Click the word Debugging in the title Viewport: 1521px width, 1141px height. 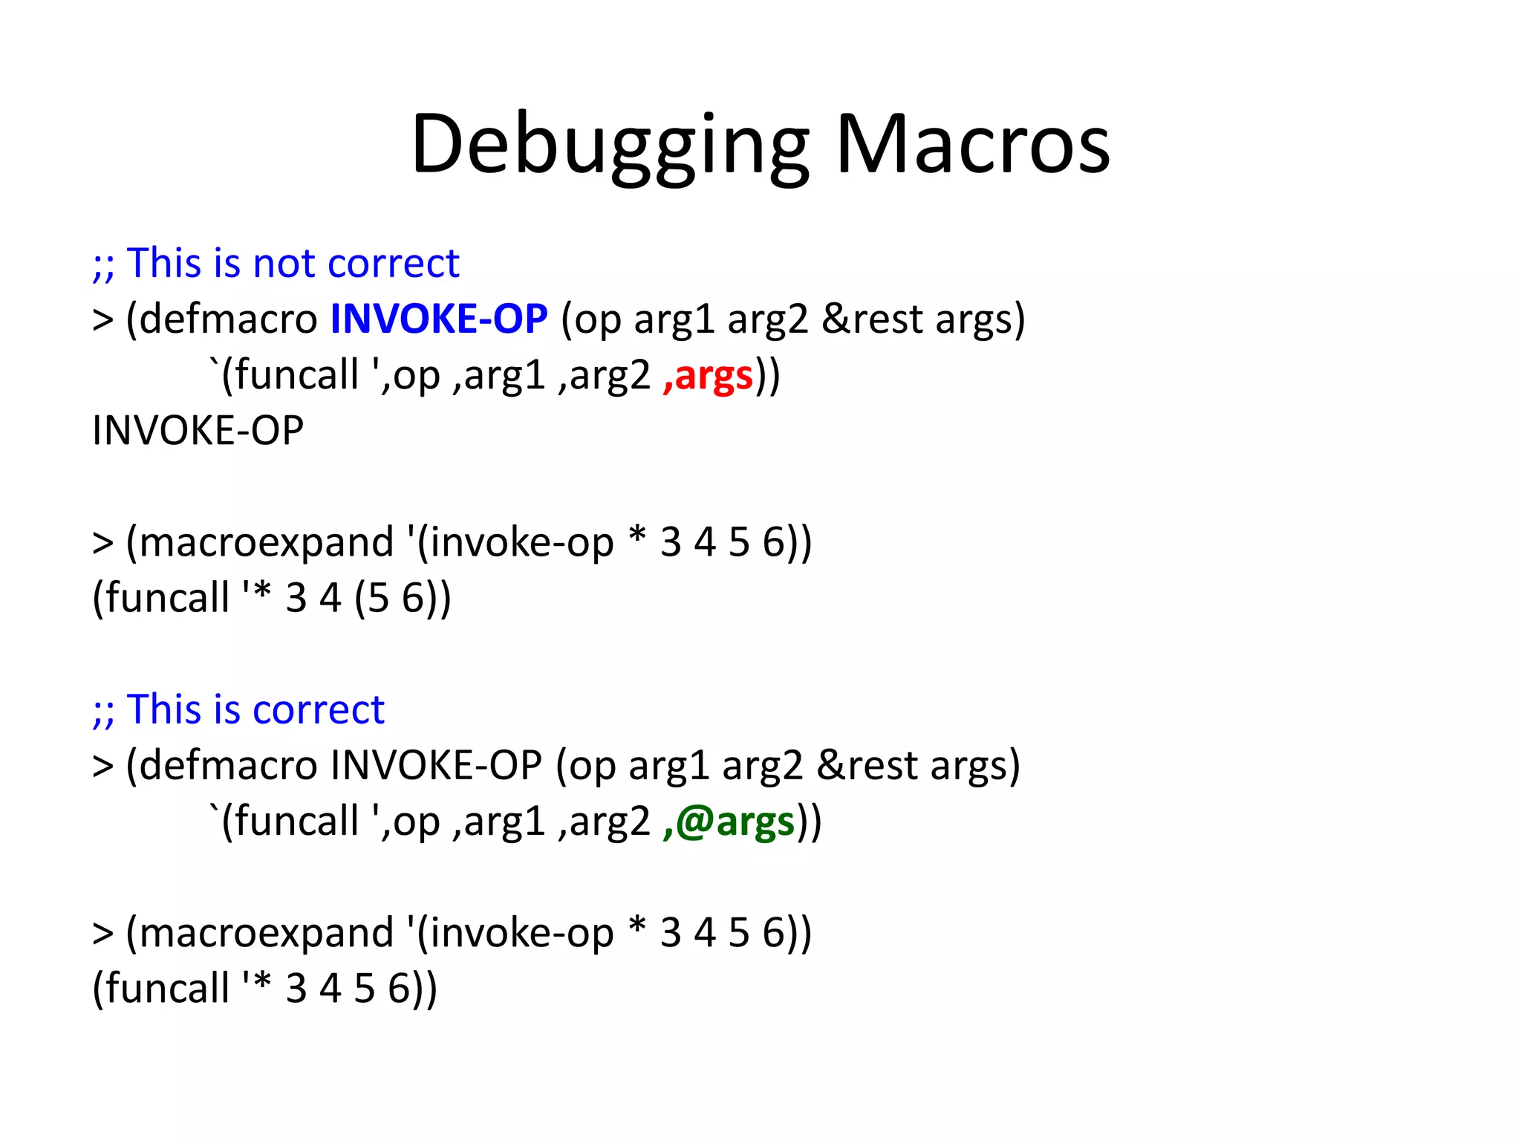609,145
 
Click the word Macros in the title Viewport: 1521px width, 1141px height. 972,145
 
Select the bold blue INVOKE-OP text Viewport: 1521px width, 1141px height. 439,319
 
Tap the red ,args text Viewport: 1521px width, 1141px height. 708,375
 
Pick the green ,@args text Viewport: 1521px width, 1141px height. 729,822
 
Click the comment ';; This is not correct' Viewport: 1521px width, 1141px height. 276,263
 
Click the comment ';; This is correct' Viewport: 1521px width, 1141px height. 238,709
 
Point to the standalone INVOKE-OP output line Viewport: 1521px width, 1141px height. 198,431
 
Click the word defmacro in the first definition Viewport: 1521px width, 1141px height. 228,319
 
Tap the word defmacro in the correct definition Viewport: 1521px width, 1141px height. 228,765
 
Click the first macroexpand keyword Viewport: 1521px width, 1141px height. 266,542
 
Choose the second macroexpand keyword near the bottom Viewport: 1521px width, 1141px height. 266,932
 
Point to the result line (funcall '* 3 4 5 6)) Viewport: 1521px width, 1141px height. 264,989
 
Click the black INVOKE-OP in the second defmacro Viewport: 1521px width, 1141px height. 436,765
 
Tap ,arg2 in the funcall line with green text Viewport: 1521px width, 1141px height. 604,822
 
